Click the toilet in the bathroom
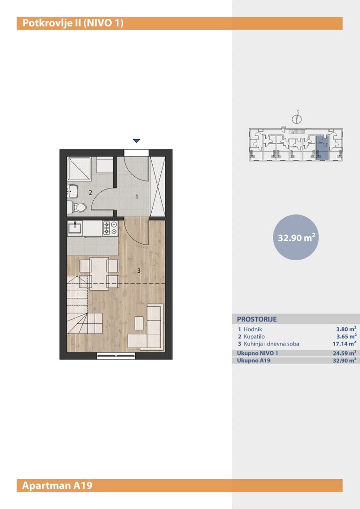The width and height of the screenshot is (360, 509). coord(77,207)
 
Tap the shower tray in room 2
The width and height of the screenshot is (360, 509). coord(79,169)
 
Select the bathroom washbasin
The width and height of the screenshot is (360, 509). coord(73,191)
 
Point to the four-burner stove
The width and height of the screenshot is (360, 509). coord(110,228)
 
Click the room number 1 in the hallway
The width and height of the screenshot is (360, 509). coord(137,197)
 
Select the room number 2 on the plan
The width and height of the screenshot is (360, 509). coord(90,192)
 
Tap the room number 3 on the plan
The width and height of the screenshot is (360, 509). coord(139,271)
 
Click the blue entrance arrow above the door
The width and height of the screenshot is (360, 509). coord(137,140)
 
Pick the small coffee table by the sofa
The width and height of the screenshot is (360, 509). coord(139,323)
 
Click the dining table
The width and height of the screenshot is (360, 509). coord(99,274)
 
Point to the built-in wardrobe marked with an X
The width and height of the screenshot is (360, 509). coord(158,186)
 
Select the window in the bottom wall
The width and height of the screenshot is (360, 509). coord(116,356)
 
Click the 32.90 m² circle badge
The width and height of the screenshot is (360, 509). coord(296,237)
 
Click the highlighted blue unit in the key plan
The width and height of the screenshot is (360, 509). coord(322,148)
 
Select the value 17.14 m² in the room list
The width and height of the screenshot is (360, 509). coord(342,344)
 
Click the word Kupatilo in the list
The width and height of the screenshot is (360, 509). coord(254,337)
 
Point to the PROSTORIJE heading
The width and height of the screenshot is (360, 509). coord(257,319)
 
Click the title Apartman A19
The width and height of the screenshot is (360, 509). coord(57,485)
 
